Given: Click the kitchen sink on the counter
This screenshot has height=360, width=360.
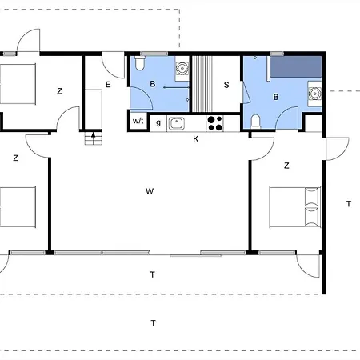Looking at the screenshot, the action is pyautogui.click(x=176, y=123).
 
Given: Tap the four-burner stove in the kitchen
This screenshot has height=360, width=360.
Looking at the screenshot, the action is pyautogui.click(x=215, y=123).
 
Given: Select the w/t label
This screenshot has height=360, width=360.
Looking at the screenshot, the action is pyautogui.click(x=138, y=121).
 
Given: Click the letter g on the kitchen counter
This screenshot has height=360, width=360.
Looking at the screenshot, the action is pyautogui.click(x=158, y=123).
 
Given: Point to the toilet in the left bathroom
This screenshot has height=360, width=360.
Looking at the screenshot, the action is pyautogui.click(x=140, y=63).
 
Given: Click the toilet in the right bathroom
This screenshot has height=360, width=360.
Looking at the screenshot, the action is pyautogui.click(x=256, y=122).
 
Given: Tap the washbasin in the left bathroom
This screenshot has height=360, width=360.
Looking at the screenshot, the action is pyautogui.click(x=182, y=69).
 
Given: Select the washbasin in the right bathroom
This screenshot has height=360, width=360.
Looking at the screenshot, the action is pyautogui.click(x=315, y=94).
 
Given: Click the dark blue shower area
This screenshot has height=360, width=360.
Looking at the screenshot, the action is pyautogui.click(x=296, y=66).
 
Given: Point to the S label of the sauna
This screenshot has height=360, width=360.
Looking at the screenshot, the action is pyautogui.click(x=226, y=85).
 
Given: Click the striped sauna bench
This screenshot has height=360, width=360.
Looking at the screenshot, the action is pyautogui.click(x=202, y=84).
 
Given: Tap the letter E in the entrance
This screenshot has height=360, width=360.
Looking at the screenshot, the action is pyautogui.click(x=108, y=85).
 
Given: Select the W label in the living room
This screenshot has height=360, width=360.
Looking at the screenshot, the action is pyautogui.click(x=150, y=191).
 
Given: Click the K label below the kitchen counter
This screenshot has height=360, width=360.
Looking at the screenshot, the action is pyautogui.click(x=196, y=139).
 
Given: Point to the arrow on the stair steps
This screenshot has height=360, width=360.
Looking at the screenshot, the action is pyautogui.click(x=93, y=134).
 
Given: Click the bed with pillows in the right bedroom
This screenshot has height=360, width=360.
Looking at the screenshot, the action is pyautogui.click(x=295, y=207).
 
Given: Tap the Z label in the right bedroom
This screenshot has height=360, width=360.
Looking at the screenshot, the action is pyautogui.click(x=286, y=166).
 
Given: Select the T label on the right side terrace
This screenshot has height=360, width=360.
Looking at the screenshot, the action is pyautogui.click(x=349, y=204).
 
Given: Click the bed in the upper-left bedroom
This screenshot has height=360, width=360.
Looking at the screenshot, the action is pyautogui.click(x=18, y=84).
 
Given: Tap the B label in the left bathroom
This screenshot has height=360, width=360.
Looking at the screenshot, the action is pyautogui.click(x=153, y=84).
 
